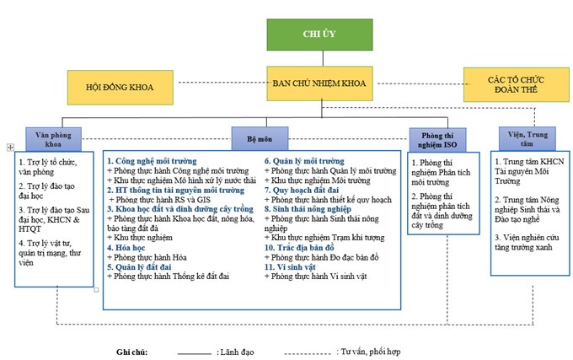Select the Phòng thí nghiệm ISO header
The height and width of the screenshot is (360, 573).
click(437, 140)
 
